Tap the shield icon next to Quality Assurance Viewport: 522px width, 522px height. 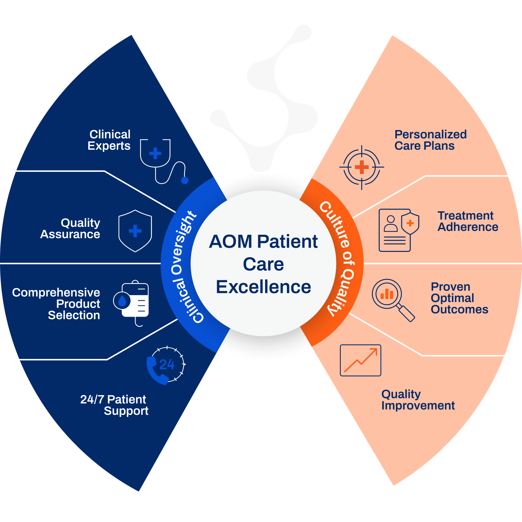click(x=135, y=231)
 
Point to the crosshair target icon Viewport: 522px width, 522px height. click(x=362, y=167)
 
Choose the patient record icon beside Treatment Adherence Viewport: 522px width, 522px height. click(x=398, y=230)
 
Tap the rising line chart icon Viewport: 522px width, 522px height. click(x=361, y=360)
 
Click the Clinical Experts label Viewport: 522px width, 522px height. click(x=109, y=140)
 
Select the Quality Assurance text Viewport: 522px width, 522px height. click(x=70, y=228)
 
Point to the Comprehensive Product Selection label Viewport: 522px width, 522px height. click(x=56, y=304)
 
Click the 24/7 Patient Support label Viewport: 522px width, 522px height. click(x=114, y=405)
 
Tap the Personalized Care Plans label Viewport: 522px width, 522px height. click(x=430, y=140)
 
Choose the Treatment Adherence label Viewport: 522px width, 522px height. click(x=468, y=221)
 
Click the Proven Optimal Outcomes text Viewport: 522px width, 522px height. click(x=459, y=298)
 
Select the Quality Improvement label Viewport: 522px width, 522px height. click(x=418, y=400)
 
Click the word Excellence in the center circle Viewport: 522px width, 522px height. click(x=264, y=287)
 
